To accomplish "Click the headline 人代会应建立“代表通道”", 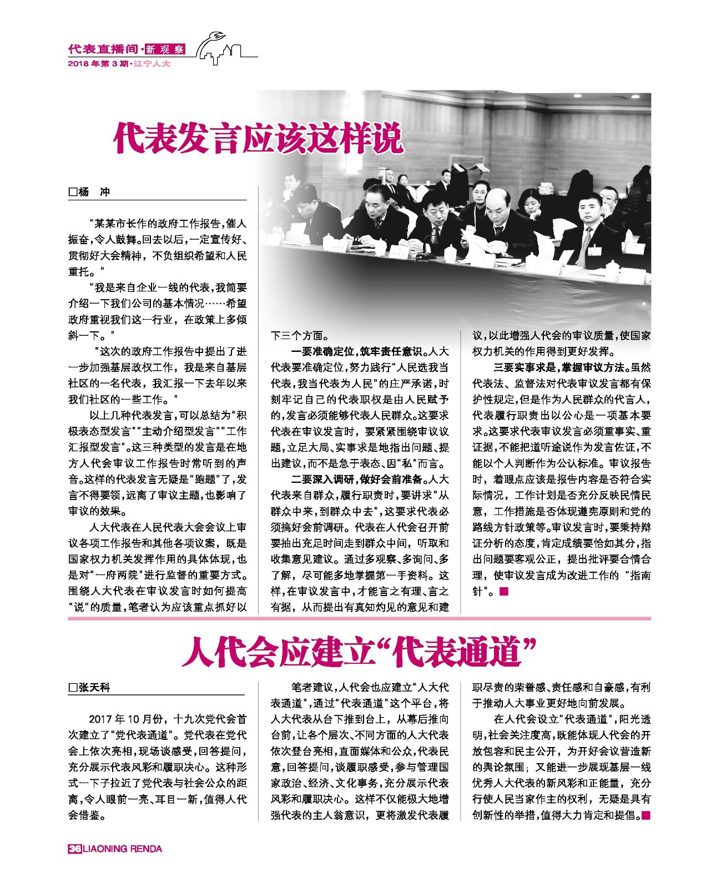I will pyautogui.click(x=355, y=653).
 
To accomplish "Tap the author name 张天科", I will pyautogui.click(x=94, y=687).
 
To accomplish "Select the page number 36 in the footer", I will pyautogui.click(x=74, y=849).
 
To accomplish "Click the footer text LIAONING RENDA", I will pyautogui.click(x=122, y=849).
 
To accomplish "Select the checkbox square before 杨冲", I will pyautogui.click(x=72, y=192).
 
